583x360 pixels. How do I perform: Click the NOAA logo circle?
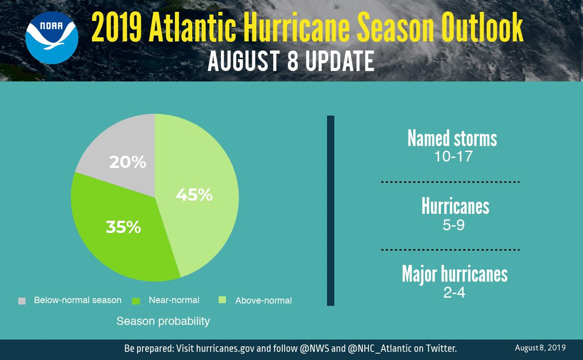52,38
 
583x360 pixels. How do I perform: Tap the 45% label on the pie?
194,195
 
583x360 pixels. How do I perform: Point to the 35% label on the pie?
123,227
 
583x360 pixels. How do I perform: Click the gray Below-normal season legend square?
22,301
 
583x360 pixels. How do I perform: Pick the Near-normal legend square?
136,301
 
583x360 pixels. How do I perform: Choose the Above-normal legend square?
222,300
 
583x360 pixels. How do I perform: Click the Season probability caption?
163,321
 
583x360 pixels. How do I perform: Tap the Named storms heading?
452,138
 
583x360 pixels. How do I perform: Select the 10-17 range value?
453,157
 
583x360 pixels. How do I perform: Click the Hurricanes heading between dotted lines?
455,207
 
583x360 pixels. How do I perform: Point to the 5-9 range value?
454,225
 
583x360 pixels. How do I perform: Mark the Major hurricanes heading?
455,274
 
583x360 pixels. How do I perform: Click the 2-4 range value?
454,292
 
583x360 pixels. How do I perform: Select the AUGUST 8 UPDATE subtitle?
291,61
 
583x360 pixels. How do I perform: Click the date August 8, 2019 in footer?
540,348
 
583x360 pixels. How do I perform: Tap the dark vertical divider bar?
331,210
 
